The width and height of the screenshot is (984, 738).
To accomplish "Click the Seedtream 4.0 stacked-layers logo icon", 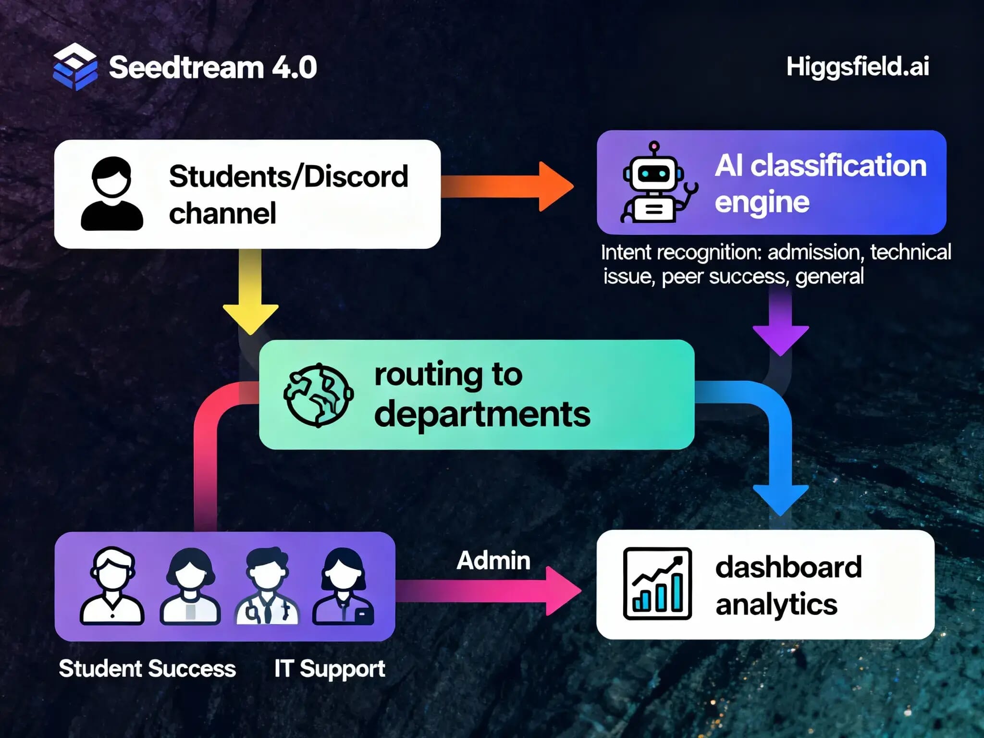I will tap(75, 67).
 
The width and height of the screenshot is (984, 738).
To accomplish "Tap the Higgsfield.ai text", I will tap(858, 66).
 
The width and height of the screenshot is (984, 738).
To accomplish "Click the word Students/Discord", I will tap(288, 176).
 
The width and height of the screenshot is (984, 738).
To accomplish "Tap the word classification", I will tap(838, 166).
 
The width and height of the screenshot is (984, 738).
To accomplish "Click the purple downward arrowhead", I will tap(780, 339).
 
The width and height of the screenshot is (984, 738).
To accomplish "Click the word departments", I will tap(482, 414).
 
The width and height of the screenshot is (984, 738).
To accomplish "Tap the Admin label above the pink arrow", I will tap(493, 560).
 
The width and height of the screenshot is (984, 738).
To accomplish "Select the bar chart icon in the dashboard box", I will tap(657, 583).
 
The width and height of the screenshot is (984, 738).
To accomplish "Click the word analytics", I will tap(776, 604).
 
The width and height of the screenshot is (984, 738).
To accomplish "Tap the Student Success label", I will tap(147, 668).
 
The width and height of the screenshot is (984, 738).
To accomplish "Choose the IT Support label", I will tap(330, 668).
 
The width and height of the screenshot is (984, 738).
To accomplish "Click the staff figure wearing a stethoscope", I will tap(267, 586).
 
